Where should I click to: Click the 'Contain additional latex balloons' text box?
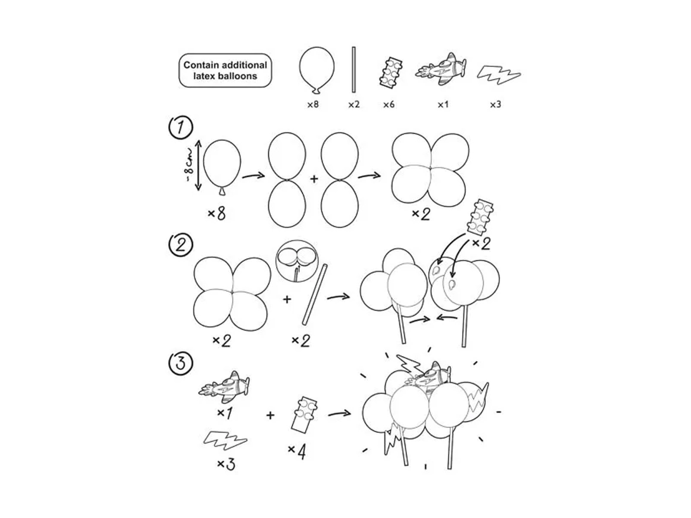(225, 70)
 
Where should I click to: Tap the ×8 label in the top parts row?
(313, 104)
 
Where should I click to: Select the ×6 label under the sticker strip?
(388, 104)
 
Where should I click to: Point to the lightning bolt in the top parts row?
(498, 75)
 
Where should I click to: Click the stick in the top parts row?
(354, 69)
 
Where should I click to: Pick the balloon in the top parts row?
(317, 70)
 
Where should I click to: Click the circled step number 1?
(181, 128)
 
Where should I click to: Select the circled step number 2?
(181, 245)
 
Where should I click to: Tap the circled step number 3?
(181, 363)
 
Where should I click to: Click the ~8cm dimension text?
(190, 165)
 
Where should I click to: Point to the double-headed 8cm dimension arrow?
(198, 165)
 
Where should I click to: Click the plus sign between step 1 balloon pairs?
(314, 179)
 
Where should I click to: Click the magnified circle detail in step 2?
(297, 261)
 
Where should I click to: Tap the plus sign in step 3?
(270, 415)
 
